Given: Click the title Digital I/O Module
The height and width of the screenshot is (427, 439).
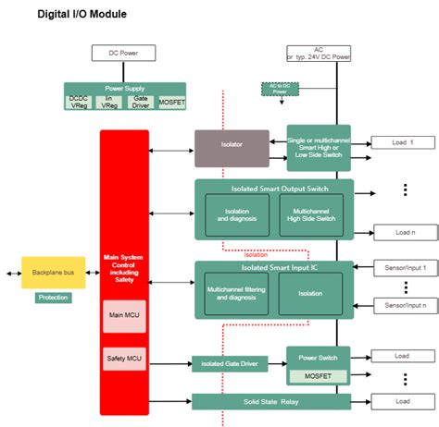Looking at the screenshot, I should [x=82, y=15].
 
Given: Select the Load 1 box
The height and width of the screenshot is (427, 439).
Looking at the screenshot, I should [x=401, y=142].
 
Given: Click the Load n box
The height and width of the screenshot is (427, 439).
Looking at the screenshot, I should [x=401, y=232].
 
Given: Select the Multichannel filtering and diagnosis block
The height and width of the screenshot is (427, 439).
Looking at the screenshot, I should [x=236, y=293].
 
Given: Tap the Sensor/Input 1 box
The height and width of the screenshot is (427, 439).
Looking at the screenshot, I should [x=403, y=267].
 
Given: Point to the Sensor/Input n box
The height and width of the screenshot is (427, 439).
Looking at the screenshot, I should [x=403, y=304].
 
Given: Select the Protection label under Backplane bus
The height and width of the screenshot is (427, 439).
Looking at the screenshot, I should [x=53, y=298].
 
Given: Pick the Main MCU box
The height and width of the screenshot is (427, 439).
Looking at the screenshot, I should [x=124, y=316].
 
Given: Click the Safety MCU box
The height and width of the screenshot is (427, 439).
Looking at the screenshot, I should [x=124, y=358].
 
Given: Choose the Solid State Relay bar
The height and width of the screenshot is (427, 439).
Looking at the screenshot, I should [x=270, y=401].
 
